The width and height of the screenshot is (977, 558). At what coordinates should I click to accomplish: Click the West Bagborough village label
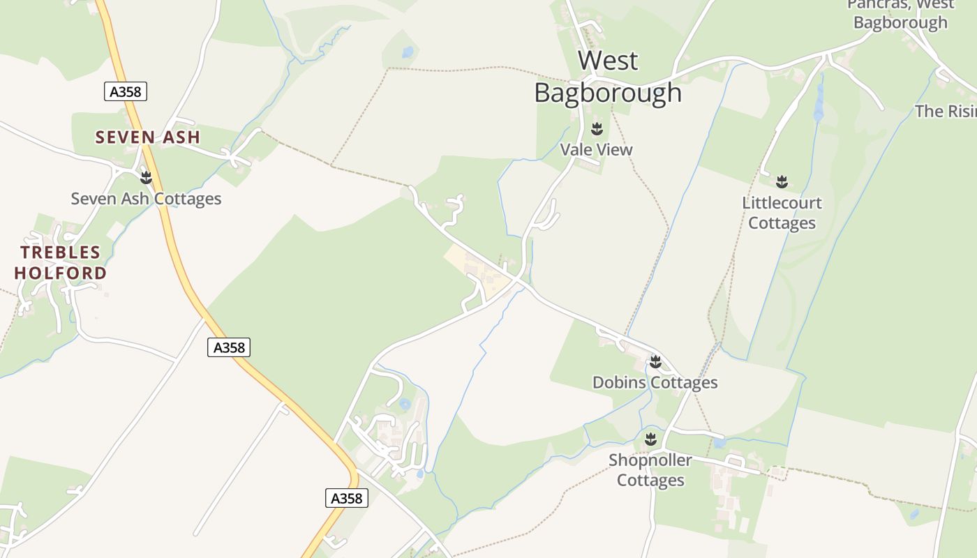tap(608, 77)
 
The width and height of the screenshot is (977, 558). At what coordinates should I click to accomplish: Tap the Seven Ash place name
tap(148, 137)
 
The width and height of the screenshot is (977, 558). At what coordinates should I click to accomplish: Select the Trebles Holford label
tap(61, 262)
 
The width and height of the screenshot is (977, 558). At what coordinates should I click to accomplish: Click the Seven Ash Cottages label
tap(146, 199)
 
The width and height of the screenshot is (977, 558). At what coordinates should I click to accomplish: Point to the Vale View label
tap(597, 149)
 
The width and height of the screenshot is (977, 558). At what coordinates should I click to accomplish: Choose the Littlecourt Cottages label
tap(782, 213)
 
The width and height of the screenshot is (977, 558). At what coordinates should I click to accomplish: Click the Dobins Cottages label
tap(655, 382)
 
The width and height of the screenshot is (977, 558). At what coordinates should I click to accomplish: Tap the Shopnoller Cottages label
tap(650, 470)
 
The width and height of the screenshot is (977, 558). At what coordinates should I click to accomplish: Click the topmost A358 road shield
tap(126, 91)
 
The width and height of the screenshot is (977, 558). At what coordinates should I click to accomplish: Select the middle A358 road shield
tap(229, 347)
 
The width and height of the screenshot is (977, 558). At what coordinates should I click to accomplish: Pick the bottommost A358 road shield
tap(347, 498)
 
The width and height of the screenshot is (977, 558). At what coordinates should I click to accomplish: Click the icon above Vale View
tap(597, 129)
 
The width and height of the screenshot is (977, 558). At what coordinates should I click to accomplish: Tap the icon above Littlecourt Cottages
tap(782, 182)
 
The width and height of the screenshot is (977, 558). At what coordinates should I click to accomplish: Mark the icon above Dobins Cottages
tap(655, 361)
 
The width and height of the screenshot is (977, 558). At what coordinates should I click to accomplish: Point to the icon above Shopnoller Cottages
tap(650, 439)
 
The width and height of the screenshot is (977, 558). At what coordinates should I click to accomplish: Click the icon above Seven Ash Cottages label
tap(146, 178)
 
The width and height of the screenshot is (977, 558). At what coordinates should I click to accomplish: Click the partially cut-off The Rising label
tap(946, 111)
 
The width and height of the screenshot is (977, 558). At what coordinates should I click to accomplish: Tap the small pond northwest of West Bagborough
tap(408, 52)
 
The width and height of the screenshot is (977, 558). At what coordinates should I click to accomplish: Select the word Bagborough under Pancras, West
tap(900, 22)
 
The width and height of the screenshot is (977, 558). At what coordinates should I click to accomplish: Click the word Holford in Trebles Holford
tap(61, 273)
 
